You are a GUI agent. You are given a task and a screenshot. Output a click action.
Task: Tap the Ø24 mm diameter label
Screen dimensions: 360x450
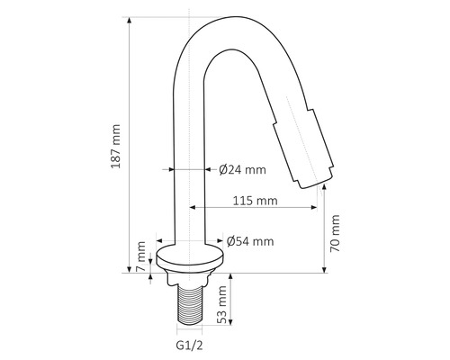[x=242, y=168]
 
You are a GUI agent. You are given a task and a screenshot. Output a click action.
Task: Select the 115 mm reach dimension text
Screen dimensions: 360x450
[x=254, y=200]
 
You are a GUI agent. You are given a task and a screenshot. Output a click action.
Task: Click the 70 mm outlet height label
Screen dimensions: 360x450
[x=336, y=231]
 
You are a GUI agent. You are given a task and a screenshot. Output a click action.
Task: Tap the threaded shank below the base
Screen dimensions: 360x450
[x=191, y=301]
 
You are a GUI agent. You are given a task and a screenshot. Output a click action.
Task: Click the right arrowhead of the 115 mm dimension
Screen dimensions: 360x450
[x=314, y=209]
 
